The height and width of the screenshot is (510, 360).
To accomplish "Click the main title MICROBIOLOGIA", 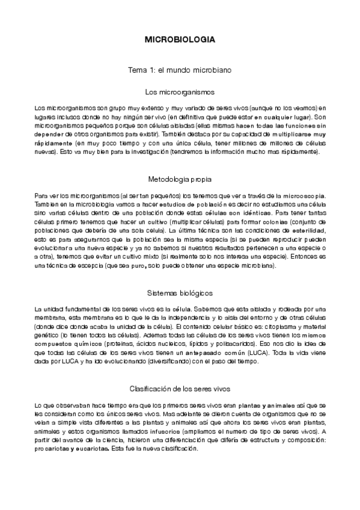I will (x=180, y=39).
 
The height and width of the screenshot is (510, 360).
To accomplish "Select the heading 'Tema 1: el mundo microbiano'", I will (x=180, y=70).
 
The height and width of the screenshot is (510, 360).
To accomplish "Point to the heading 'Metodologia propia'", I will (x=180, y=179).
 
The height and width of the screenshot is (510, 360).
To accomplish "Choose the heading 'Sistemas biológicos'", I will (x=180, y=293).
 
